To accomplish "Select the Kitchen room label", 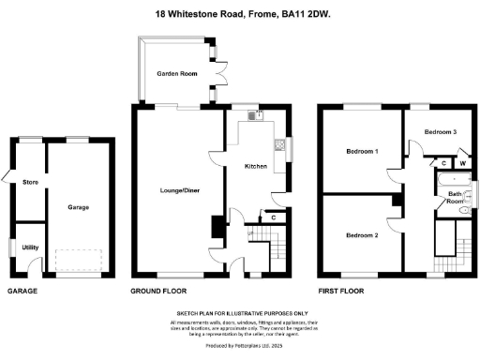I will pos(256,167).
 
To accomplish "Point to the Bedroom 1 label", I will pos(362,151).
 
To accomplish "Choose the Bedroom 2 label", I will pos(362,234).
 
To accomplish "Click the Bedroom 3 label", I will pos(440,132).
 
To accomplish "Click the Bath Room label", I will pos(455,197).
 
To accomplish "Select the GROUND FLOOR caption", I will pos(155,292).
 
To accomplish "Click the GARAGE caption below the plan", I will pos(22,292).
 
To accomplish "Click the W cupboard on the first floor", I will pos(461,163).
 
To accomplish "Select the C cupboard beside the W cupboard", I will pos(443,163).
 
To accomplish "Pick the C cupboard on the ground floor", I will pos(272,217).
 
